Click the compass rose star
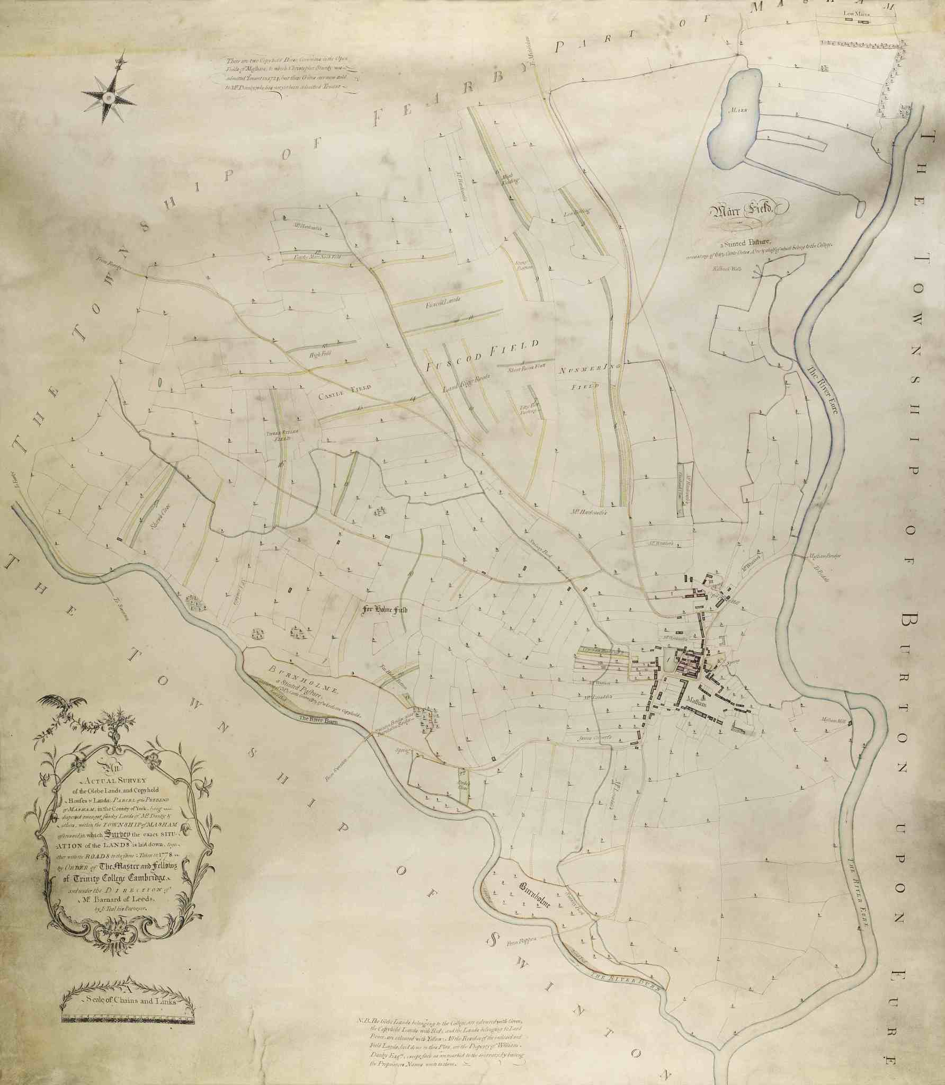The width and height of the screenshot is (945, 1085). pos(108,96)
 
